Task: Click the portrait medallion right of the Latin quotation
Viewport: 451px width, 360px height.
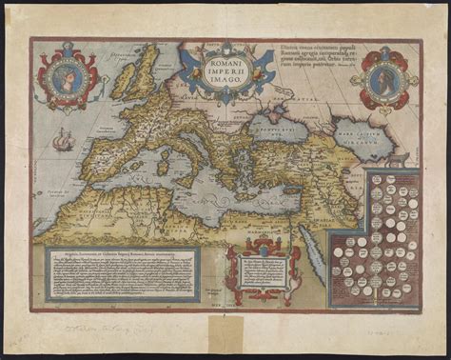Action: point(383,78)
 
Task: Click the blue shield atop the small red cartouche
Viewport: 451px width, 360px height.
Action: point(254,250)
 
